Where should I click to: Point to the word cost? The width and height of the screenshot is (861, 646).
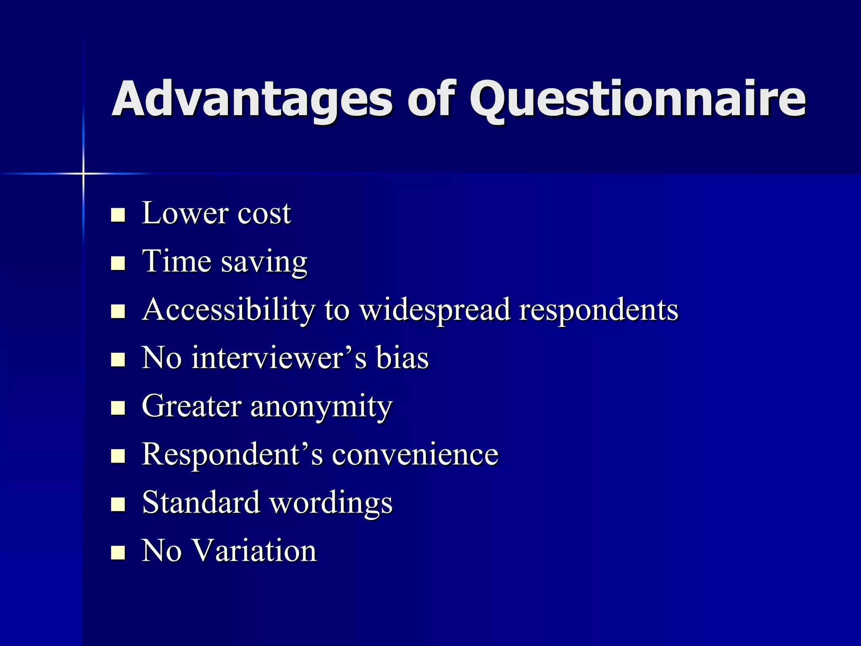point(264,214)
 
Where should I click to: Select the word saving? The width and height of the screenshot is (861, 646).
point(264,263)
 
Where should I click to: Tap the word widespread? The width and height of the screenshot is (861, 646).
point(435,310)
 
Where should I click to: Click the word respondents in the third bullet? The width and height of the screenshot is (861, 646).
point(599,310)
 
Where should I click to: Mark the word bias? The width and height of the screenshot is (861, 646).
point(402,358)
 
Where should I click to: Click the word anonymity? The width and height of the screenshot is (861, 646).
point(321,407)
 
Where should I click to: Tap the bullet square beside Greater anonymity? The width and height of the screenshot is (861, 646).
point(118,408)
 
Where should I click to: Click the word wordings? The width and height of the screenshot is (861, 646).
point(331,503)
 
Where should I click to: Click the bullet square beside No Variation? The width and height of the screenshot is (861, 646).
point(118,552)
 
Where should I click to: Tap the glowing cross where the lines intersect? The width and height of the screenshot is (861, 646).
point(83,173)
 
